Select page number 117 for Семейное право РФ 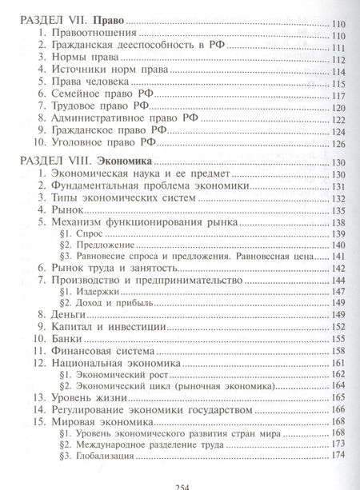point(337,107)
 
